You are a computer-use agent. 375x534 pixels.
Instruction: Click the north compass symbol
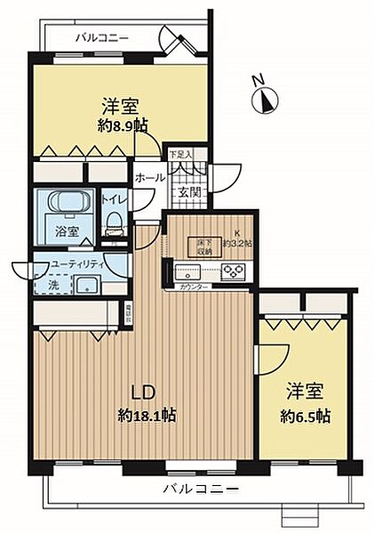(x=262, y=98)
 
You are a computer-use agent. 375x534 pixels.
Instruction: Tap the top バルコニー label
(x=102, y=38)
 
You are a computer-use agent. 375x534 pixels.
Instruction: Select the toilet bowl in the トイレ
(x=113, y=228)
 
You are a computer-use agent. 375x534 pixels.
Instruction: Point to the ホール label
(x=149, y=177)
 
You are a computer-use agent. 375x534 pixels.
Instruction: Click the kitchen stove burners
(x=234, y=271)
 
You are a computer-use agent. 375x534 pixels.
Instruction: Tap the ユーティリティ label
(x=77, y=264)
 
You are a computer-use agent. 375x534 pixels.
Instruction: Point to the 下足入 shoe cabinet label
(x=180, y=155)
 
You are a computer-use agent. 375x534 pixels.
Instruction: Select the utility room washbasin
(x=89, y=285)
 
